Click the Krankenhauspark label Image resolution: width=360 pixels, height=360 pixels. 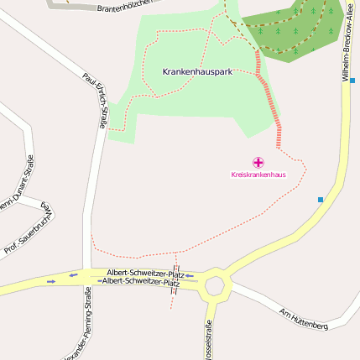click(x=197, y=72)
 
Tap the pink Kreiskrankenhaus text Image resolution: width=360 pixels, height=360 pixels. click(x=258, y=175)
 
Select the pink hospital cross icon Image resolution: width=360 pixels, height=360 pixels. click(x=258, y=162)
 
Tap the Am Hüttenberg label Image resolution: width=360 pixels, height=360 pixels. click(x=303, y=318)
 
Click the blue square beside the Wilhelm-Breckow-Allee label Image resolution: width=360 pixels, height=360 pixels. click(x=353, y=81)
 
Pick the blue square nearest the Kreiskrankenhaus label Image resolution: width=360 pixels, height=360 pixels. click(x=321, y=199)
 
